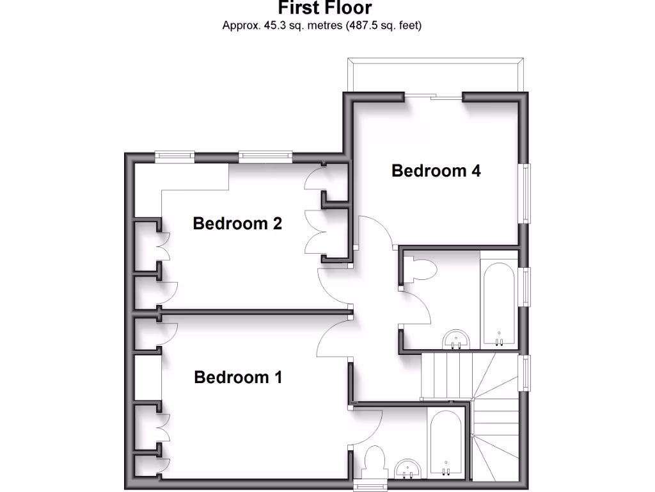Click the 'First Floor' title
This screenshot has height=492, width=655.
pos(324,8)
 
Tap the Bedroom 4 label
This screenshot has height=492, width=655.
pos(436,171)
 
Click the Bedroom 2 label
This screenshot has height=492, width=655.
pos(237,224)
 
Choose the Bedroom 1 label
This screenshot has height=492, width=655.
pos(238,377)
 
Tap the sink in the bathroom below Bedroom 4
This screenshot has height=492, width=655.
pos(457,339)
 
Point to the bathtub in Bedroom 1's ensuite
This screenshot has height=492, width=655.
pos(445,444)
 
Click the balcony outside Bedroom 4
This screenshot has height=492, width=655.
pos(436,76)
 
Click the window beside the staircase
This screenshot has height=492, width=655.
pos(526,373)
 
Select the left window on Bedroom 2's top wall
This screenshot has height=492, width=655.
pos(175,154)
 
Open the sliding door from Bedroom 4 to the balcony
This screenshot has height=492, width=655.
pos(435,97)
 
